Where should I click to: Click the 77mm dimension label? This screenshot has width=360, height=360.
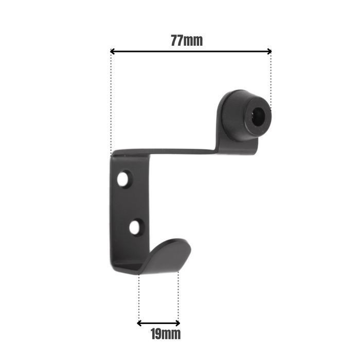coord(187,41)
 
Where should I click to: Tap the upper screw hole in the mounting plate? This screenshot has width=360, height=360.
coord(123,179)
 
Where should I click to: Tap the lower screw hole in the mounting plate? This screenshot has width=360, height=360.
coord(135,227)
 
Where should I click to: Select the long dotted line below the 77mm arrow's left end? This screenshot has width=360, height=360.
coord(111,103)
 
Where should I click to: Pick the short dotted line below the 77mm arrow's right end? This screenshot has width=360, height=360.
coord(271,77)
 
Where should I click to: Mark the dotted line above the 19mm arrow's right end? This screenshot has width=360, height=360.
coord(178,296)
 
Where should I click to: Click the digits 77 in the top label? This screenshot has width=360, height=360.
coord(177,41)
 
